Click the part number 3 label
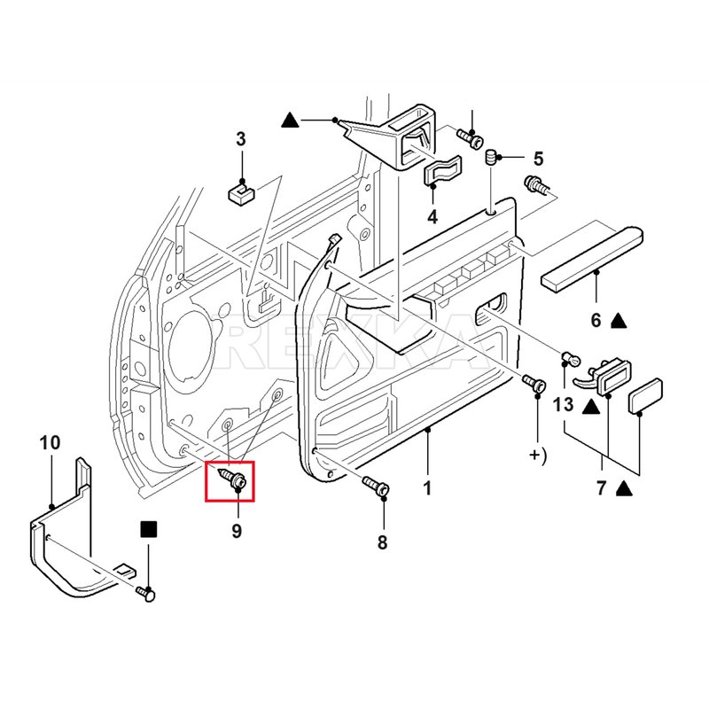pyautogui.click(x=240, y=138)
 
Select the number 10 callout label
pyautogui.click(x=50, y=441)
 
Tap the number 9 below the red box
pyautogui.click(x=237, y=531)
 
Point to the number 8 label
pyautogui.click(x=382, y=543)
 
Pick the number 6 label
pyautogui.click(x=596, y=319)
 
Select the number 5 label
pyautogui.click(x=538, y=159)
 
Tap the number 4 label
pyautogui.click(x=432, y=216)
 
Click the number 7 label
pyautogui.click(x=601, y=488)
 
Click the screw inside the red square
pyautogui.click(x=233, y=479)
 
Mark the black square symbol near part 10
pyautogui.click(x=148, y=530)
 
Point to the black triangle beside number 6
pyautogui.click(x=619, y=319)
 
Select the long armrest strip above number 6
pyautogui.click(x=592, y=257)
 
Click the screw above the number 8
pyautogui.click(x=376, y=486)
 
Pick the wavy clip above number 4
pyautogui.click(x=442, y=171)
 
